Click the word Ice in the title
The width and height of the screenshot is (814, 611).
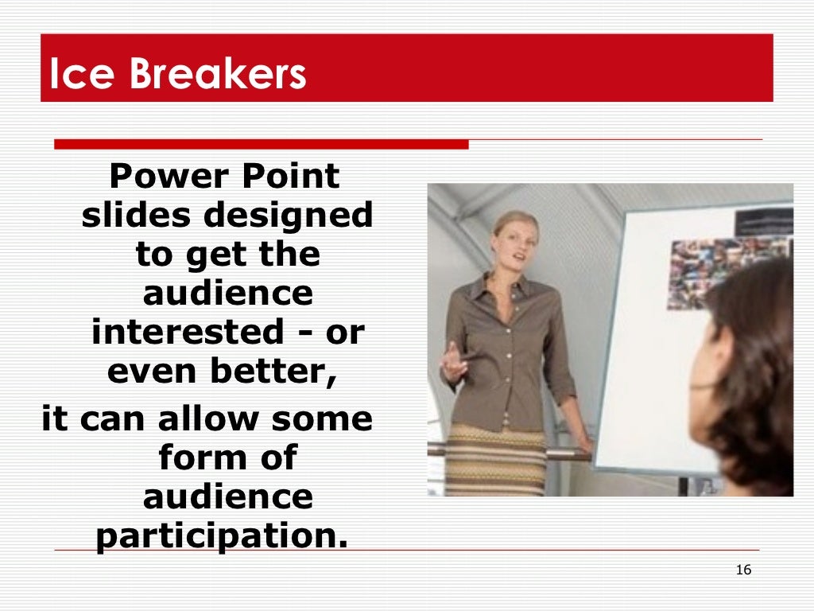[x=73, y=75]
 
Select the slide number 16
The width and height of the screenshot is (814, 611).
[x=743, y=570]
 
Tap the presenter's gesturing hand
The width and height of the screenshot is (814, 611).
[x=454, y=363]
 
